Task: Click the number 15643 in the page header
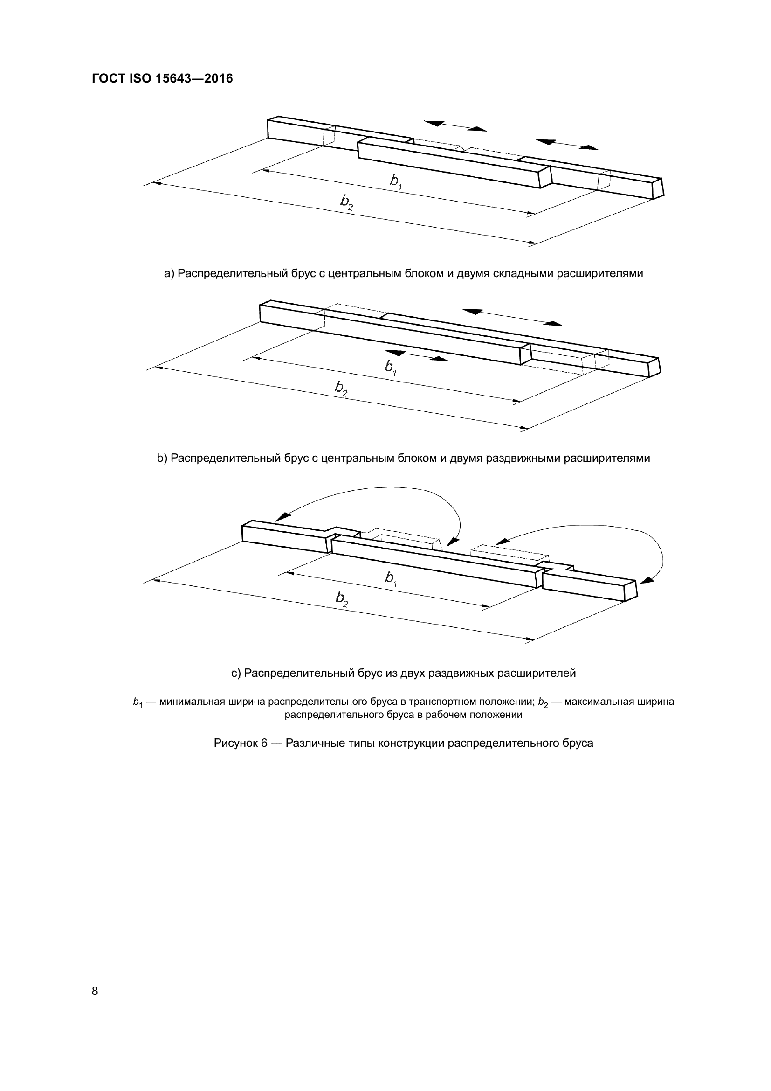click(x=173, y=79)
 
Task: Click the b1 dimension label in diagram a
click(x=396, y=181)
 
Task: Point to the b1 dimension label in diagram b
click(x=391, y=368)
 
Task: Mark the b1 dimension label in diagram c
click(x=391, y=578)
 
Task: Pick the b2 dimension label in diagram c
click(x=342, y=598)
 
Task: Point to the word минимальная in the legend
click(x=192, y=702)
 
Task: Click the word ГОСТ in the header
click(x=107, y=79)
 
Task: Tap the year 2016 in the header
click(x=218, y=79)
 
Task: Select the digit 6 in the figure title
click(x=264, y=743)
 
